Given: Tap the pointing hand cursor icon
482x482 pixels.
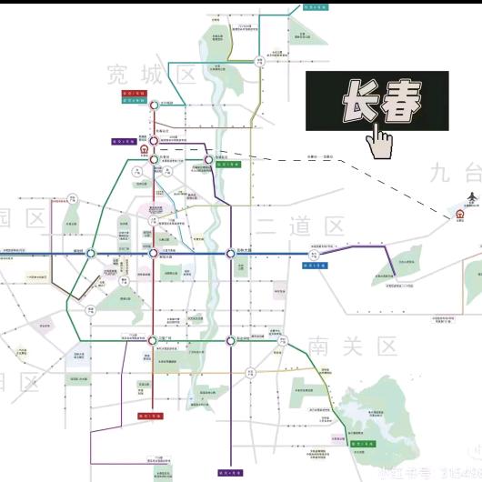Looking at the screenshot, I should coord(379,139).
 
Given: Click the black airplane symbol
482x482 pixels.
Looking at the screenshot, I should coord(471,197).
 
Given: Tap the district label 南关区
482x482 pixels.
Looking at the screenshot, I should coord(353,346).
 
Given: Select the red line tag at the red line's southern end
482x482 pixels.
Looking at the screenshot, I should coord(150,416).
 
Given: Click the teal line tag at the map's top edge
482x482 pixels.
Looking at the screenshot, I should coord(316,5).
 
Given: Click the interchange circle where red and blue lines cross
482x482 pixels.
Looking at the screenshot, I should coord(152,254).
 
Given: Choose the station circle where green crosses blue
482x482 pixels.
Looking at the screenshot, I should coord(90,254).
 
